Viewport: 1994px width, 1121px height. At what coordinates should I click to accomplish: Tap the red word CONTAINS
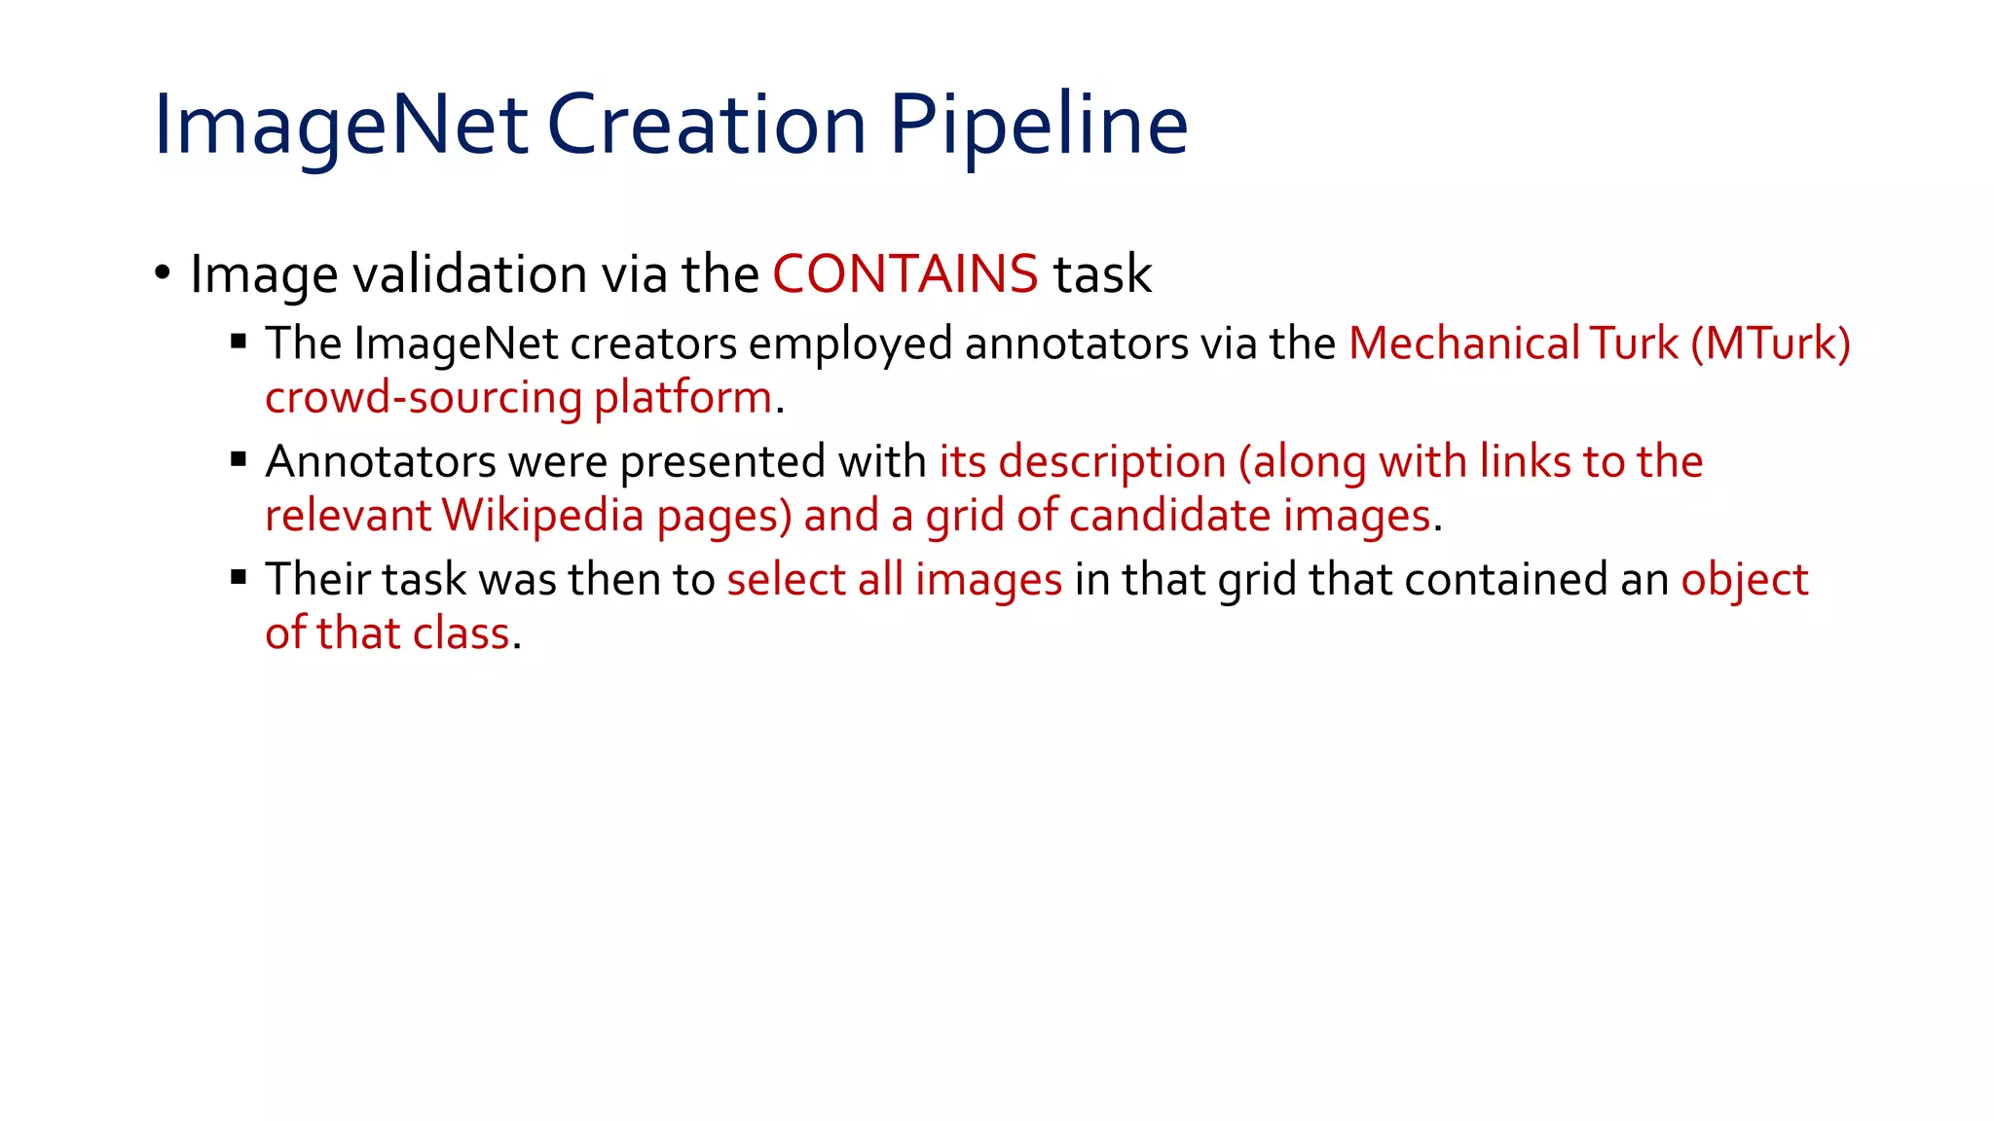click(x=905, y=273)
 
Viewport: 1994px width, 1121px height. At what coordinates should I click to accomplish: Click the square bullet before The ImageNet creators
click(x=239, y=341)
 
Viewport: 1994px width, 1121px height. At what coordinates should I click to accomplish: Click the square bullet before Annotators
click(x=239, y=459)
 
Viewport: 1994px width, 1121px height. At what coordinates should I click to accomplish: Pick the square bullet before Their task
click(x=239, y=577)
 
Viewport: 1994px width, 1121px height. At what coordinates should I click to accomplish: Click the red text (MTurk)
click(x=1770, y=344)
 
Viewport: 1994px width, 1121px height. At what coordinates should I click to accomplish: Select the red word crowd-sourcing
click(x=424, y=398)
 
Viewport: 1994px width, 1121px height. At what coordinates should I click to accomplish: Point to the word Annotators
click(x=380, y=461)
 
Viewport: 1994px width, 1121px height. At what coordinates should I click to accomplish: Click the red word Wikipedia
click(x=542, y=516)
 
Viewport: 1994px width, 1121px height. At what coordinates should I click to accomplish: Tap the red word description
click(x=1112, y=462)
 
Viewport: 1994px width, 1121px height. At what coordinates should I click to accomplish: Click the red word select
click(x=786, y=580)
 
